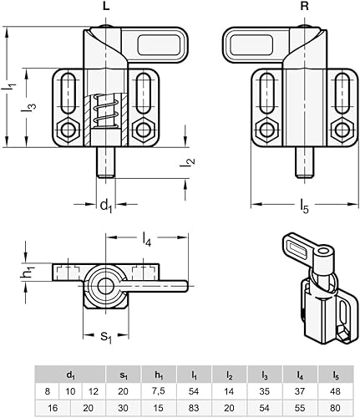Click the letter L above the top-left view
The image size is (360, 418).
pyautogui.click(x=104, y=7)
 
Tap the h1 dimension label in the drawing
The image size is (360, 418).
pyautogui.click(x=28, y=273)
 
